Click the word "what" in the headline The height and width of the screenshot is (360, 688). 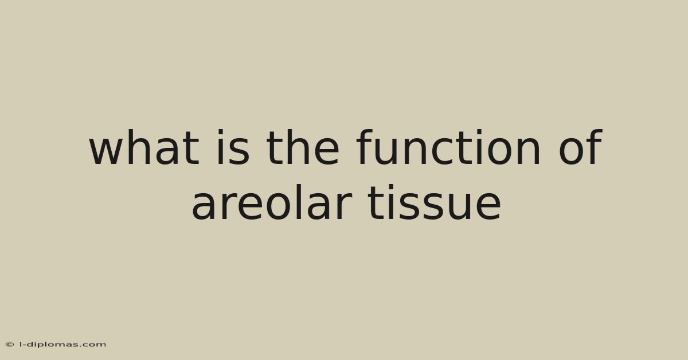tap(144, 147)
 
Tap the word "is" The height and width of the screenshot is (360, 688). tap(233, 147)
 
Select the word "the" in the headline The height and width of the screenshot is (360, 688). tap(303, 147)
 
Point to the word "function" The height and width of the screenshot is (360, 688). tap(448, 147)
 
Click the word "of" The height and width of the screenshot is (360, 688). tap(580, 147)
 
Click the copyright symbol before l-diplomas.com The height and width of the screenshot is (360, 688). tap(10, 345)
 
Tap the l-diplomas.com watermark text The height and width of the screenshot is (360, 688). tap(62, 345)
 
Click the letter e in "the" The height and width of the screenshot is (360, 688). tap(326, 151)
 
